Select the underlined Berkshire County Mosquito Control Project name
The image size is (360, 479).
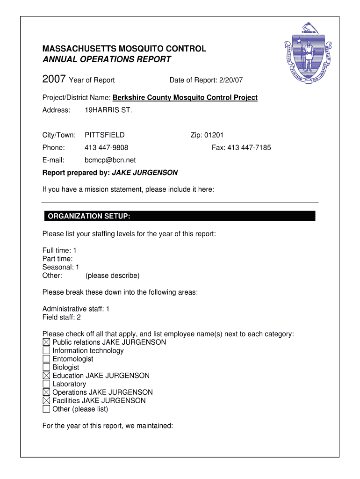click(185, 98)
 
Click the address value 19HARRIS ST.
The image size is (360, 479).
click(108, 110)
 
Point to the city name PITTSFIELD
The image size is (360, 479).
click(104, 135)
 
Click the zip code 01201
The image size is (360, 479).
click(214, 135)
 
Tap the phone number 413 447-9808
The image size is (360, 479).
click(106, 148)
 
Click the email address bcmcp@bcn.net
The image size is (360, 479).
click(110, 160)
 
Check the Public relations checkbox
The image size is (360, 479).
click(46, 342)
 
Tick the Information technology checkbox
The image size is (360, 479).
click(46, 351)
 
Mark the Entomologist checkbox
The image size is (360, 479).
click(46, 359)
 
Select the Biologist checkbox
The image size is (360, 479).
click(46, 368)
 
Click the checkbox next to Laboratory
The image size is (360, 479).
click(46, 384)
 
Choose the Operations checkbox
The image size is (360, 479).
click(46, 392)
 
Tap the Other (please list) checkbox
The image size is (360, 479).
click(46, 409)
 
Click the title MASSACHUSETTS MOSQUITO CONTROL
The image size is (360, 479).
click(124, 49)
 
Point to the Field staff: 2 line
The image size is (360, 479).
click(62, 318)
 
